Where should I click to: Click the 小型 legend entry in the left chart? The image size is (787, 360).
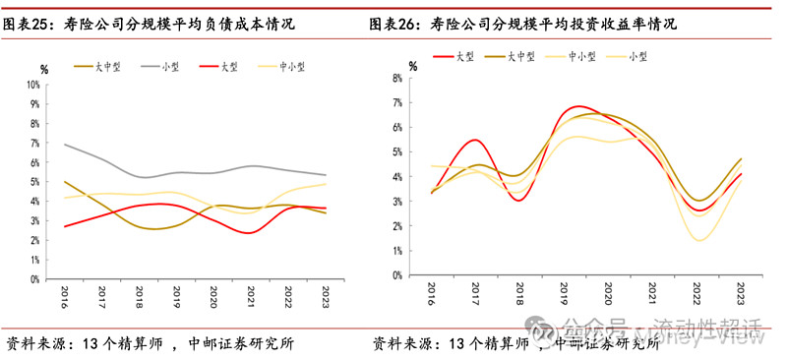(168, 67)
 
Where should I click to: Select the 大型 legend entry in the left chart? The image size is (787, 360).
(229, 67)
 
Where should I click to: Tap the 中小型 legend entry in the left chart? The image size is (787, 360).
(291, 67)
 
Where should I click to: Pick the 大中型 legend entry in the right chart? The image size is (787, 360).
(520, 57)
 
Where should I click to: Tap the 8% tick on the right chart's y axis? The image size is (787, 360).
(397, 78)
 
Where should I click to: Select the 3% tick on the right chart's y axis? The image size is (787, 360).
(397, 201)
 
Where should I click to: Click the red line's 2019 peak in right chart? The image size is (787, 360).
(580, 106)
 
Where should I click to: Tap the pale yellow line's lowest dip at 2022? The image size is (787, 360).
(700, 240)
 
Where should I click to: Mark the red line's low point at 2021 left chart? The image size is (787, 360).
(250, 233)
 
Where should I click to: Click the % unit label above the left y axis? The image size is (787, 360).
(43, 69)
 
